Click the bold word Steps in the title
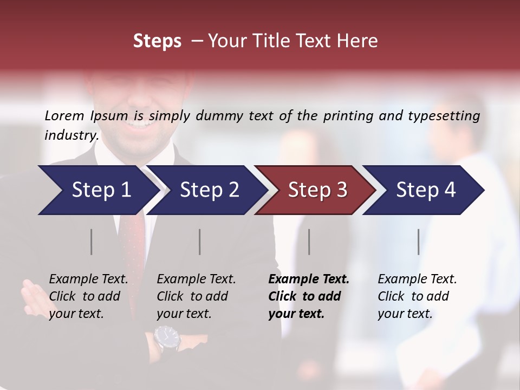[x=157, y=41]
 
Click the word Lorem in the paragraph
[x=64, y=115]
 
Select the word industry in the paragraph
[x=71, y=135]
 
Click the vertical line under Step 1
[x=91, y=242]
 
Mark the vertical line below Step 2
[x=200, y=242]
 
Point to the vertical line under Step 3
[x=309, y=242]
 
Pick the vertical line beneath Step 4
[x=418, y=242]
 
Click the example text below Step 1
[x=88, y=296]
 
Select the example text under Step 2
[x=196, y=296]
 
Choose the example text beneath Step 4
[x=417, y=296]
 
